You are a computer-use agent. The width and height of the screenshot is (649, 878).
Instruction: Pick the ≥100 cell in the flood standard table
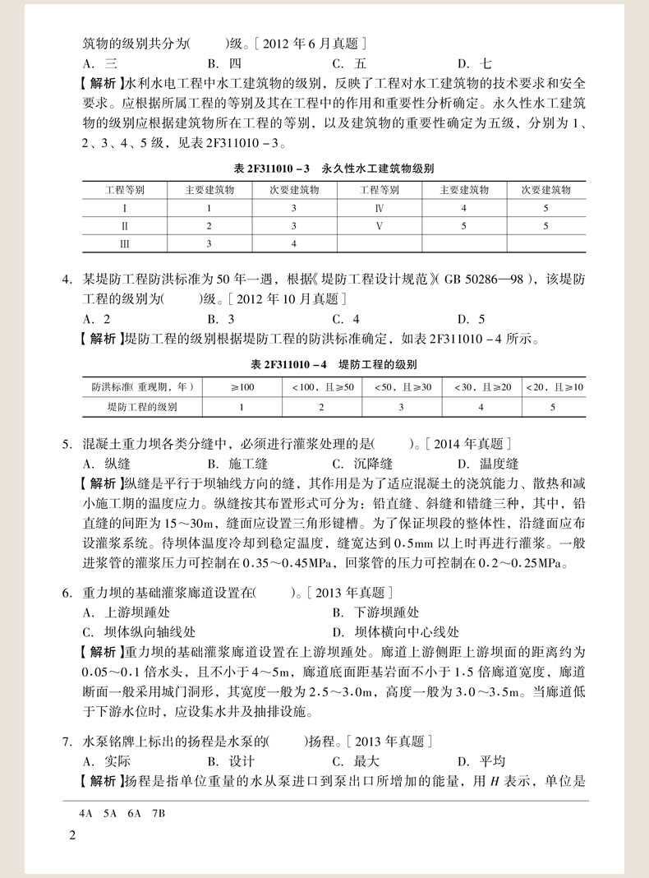point(242,386)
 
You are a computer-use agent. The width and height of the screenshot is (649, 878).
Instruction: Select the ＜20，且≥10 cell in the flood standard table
point(553,386)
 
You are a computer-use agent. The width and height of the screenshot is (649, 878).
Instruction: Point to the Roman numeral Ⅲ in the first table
point(125,243)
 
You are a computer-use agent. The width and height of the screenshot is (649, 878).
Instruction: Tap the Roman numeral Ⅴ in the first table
point(380,225)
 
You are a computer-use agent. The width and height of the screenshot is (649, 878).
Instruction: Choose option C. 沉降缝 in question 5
point(362,464)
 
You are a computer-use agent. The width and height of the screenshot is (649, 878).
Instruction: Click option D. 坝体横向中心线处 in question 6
point(396,632)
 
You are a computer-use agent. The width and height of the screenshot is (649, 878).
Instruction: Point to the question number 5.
point(67,444)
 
